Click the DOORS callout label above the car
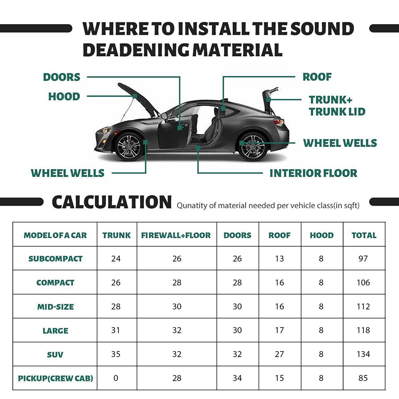[x=61, y=77]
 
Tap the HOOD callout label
[x=64, y=97]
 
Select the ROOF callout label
[x=317, y=77]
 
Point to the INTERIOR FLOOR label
[x=313, y=173]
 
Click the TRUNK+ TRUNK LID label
[x=337, y=106]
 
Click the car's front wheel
[x=129, y=146]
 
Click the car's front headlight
[x=105, y=130]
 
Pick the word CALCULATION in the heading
[x=112, y=202]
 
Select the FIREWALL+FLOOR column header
[x=176, y=235]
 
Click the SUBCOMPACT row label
[x=55, y=259]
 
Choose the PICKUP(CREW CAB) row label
[x=55, y=378]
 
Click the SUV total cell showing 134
[x=363, y=354]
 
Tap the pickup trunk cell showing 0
[x=116, y=378]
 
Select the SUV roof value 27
[x=279, y=354]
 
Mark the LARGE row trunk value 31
[x=116, y=330]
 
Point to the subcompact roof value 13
[x=279, y=259]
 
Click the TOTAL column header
[x=363, y=235]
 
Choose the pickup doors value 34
[x=237, y=378]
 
